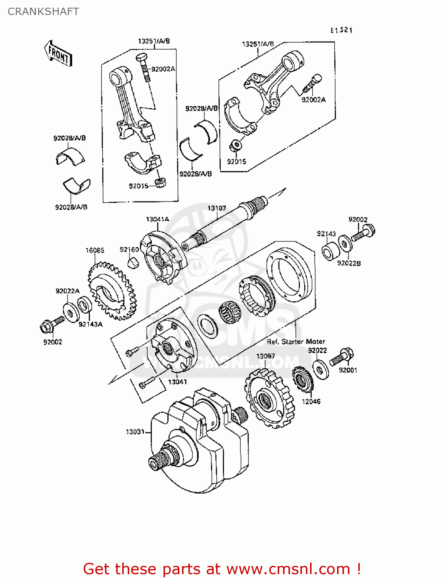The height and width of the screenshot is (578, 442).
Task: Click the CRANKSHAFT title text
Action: pyautogui.click(x=43, y=12)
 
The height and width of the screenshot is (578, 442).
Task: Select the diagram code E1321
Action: pyautogui.click(x=341, y=30)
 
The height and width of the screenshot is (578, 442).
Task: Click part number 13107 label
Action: pyautogui.click(x=217, y=208)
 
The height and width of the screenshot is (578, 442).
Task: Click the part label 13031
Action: pyautogui.click(x=135, y=432)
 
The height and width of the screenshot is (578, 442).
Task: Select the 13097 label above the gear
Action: pyautogui.click(x=265, y=356)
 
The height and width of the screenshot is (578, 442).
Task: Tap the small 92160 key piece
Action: pyautogui.click(x=133, y=263)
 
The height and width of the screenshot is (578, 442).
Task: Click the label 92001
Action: pyautogui.click(x=348, y=370)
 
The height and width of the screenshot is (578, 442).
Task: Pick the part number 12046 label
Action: pyautogui.click(x=311, y=402)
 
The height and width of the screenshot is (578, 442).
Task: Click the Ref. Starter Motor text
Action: pyautogui.click(x=296, y=341)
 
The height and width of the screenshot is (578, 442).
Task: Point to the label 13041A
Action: pyautogui.click(x=157, y=219)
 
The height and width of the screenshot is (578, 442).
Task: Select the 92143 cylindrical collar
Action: pyautogui.click(x=331, y=251)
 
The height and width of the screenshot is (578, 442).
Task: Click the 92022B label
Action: pyautogui.click(x=349, y=263)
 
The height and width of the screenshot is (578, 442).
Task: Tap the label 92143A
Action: pyautogui.click(x=91, y=324)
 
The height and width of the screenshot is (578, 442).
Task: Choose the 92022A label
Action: pyautogui.click(x=67, y=291)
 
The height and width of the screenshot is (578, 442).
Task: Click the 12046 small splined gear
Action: pyautogui.click(x=302, y=380)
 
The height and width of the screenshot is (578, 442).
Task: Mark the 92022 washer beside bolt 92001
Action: pyautogui.click(x=321, y=370)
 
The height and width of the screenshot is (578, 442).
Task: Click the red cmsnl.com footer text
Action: pyautogui.click(x=222, y=569)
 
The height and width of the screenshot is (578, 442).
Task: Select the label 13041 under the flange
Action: pyautogui.click(x=177, y=382)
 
